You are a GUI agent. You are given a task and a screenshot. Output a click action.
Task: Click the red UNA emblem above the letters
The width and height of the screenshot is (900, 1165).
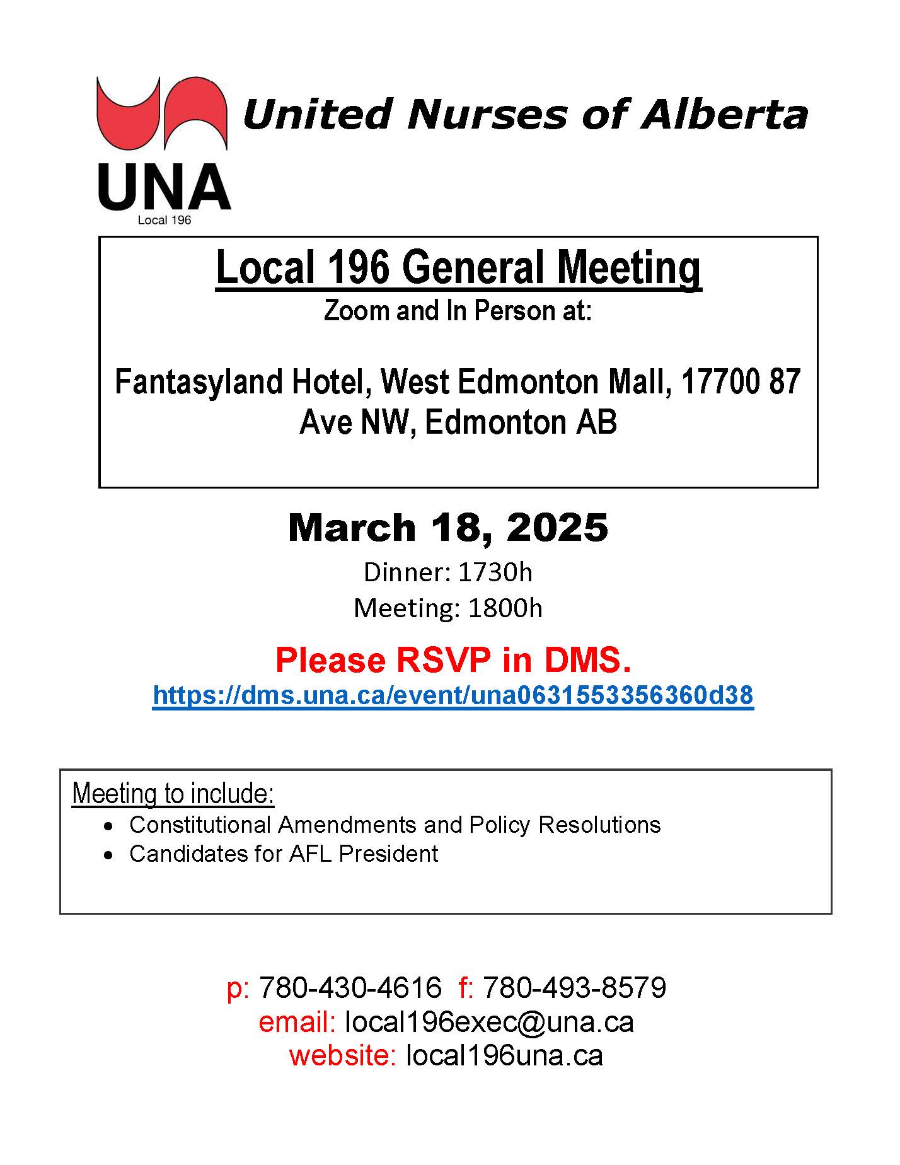click(161, 113)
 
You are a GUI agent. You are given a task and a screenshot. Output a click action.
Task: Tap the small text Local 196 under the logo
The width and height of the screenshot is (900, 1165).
click(164, 221)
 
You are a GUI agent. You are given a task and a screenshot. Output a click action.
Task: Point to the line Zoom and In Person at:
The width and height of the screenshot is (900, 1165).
click(458, 311)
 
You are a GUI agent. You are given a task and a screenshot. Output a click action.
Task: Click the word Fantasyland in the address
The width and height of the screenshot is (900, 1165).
click(197, 382)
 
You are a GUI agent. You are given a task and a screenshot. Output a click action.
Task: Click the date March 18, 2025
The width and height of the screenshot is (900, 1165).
click(448, 528)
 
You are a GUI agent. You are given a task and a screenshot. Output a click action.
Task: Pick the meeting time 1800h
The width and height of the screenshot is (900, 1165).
click(505, 608)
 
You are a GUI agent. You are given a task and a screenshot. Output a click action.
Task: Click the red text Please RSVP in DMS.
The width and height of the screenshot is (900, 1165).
click(453, 660)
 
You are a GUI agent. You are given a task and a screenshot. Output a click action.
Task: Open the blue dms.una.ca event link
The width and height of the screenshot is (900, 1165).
click(453, 695)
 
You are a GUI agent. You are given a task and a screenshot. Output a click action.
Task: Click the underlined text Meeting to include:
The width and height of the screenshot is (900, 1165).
click(173, 793)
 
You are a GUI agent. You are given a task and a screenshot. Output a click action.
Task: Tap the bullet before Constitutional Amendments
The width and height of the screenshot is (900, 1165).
click(110, 826)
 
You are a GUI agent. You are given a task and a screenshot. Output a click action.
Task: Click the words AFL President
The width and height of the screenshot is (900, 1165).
click(364, 854)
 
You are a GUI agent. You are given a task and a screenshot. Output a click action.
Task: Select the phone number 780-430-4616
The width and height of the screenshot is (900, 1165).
click(350, 987)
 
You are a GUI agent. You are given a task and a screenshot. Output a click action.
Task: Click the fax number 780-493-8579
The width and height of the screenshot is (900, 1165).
click(574, 987)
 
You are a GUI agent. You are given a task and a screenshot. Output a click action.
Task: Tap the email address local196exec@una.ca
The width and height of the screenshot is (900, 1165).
click(489, 1022)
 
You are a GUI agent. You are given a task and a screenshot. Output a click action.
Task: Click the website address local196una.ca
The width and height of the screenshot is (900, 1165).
click(504, 1055)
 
